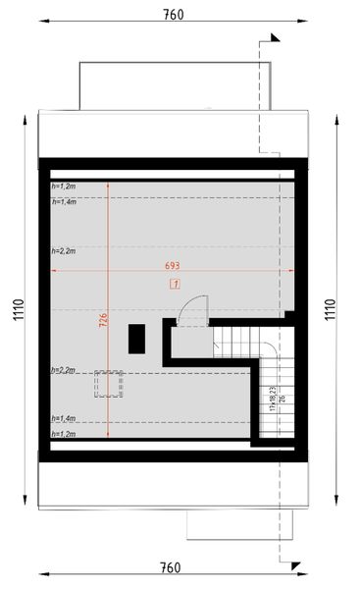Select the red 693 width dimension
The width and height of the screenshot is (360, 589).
coord(173,267)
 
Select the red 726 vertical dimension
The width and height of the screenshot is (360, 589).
coord(103,323)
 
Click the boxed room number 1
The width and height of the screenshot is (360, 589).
coord(175,285)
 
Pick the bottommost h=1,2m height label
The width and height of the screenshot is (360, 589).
coord(62,433)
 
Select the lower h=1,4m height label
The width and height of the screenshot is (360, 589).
coord(62,417)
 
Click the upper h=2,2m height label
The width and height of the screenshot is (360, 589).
coord(62,251)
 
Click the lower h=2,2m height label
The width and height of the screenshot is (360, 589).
coord(62,370)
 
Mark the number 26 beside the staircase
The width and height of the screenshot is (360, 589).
coord(282,399)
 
